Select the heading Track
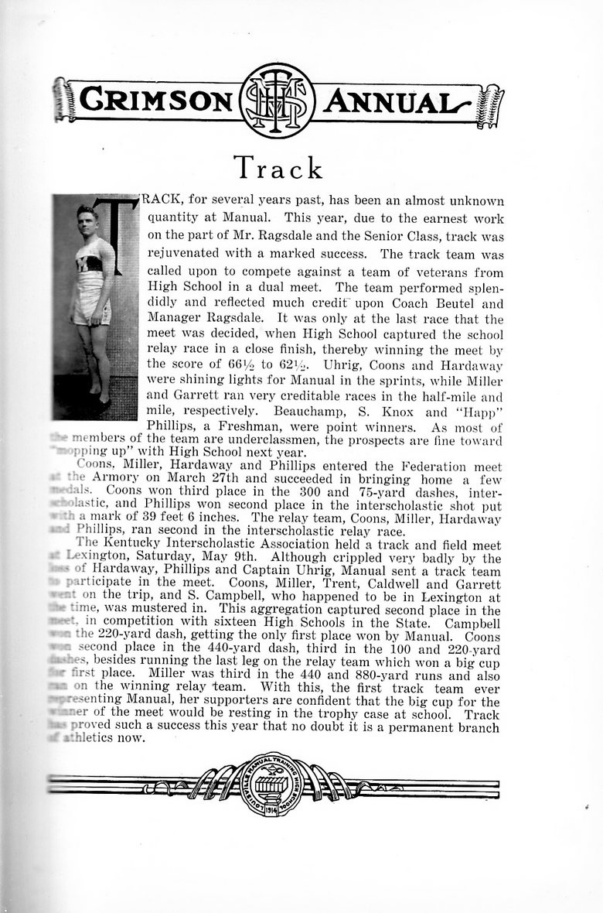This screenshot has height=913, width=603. point(278,167)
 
